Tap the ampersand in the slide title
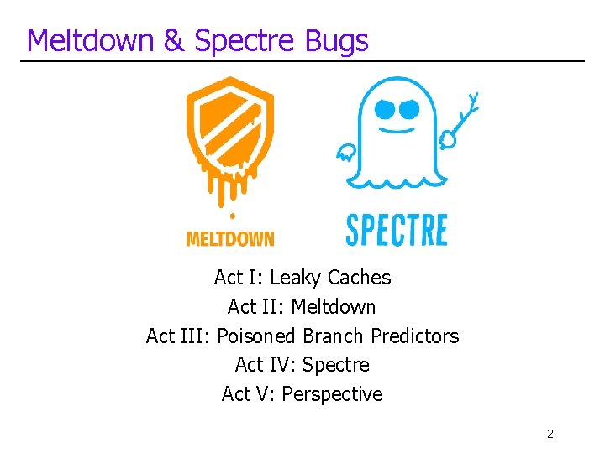174,40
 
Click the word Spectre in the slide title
245,40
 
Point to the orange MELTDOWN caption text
229,239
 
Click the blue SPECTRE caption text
397,230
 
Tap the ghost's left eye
385,108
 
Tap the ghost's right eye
409,109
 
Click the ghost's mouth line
397,130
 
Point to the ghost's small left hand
345,153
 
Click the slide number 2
550,434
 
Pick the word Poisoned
256,336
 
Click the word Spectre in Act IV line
335,366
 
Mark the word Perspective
332,394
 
